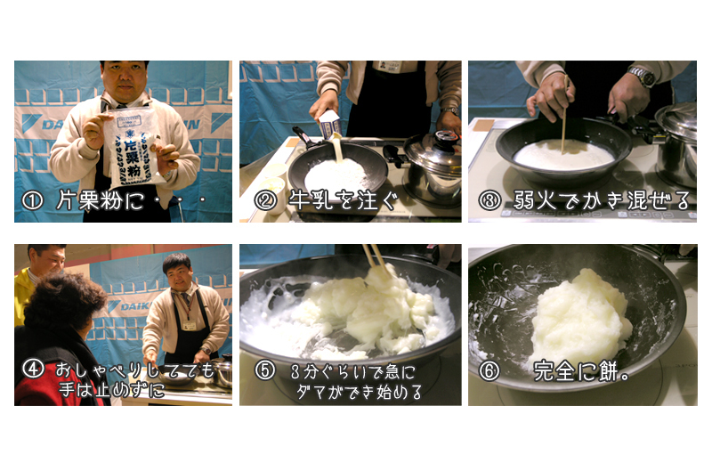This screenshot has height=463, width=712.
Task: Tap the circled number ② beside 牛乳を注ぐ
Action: (x=264, y=201)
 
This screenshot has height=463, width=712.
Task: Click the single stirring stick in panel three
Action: (x=564, y=116)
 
